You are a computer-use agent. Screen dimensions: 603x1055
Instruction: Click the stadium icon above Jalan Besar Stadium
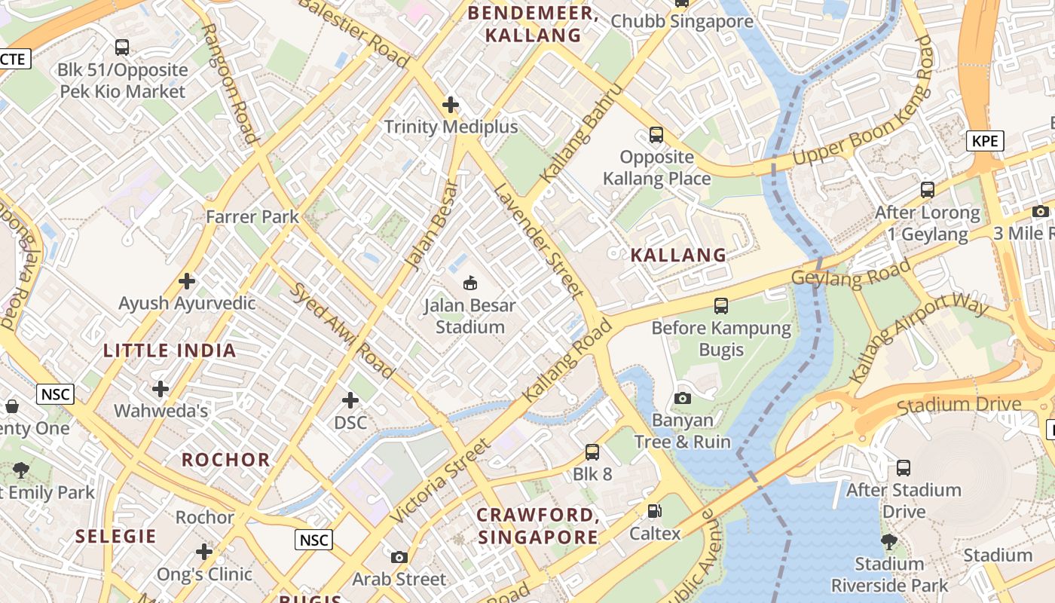[469, 283]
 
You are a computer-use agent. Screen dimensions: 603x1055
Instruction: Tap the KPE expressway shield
[986, 141]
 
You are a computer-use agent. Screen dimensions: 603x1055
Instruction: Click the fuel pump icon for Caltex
[655, 511]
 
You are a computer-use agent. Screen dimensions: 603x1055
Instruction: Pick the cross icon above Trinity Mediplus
[451, 104]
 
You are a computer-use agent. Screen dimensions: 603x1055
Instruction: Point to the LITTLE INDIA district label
[170, 350]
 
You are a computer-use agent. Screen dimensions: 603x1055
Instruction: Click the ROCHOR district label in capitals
[225, 460]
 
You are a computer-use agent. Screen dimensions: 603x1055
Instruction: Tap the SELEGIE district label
[116, 537]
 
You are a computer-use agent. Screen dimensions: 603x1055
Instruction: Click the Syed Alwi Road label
[342, 330]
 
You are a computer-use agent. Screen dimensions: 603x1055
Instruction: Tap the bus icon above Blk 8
[592, 452]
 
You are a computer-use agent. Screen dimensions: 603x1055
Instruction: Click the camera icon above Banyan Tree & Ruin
[683, 398]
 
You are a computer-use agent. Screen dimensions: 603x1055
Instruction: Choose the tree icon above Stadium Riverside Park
[889, 541]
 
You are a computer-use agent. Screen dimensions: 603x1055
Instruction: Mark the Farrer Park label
[252, 217]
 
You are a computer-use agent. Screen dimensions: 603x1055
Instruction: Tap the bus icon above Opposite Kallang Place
[656, 135]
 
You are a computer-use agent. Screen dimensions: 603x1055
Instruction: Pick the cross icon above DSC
[350, 399]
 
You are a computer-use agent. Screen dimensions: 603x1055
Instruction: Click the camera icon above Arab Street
[399, 557]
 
